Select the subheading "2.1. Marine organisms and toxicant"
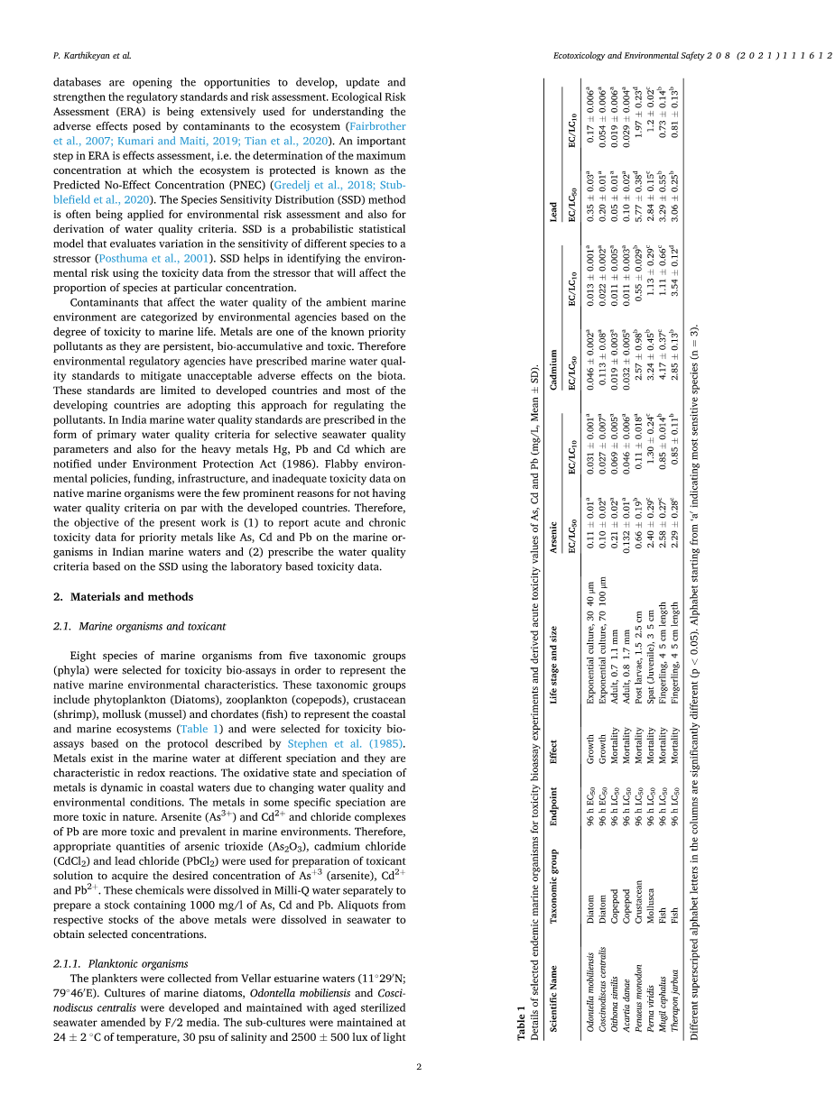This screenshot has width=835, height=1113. tap(139, 625)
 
